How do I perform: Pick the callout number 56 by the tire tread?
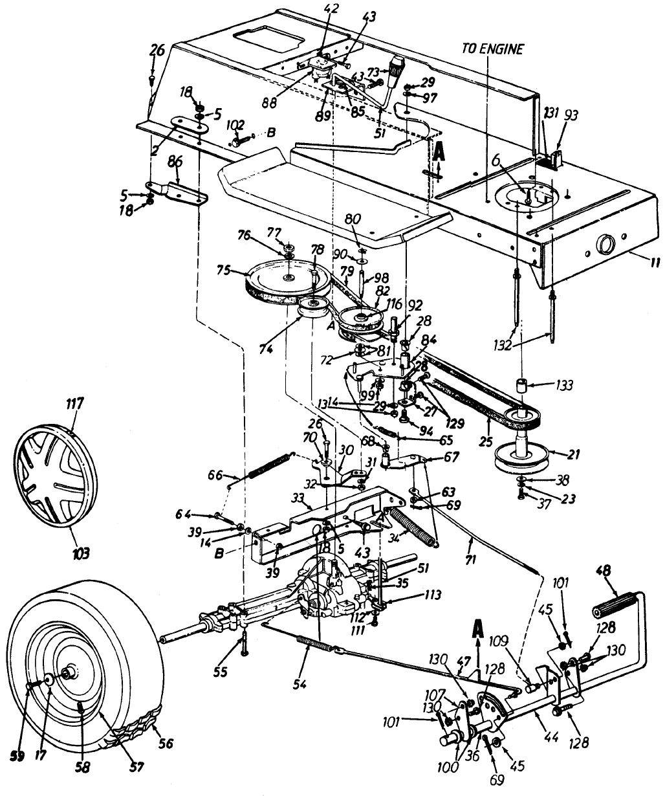point(166,744)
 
